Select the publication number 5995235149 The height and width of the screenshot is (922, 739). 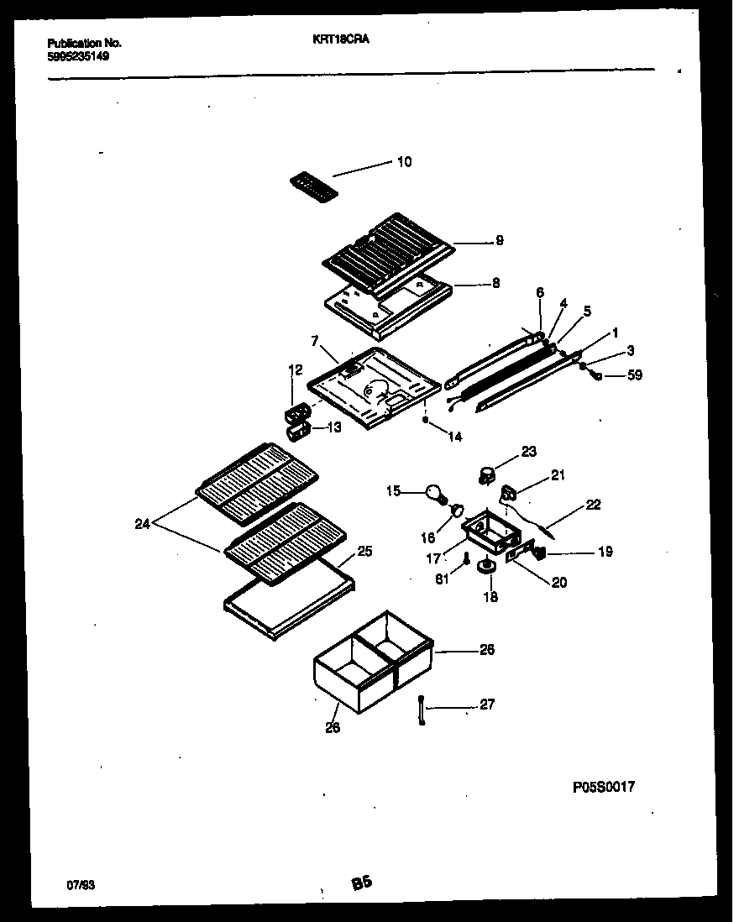[x=78, y=56]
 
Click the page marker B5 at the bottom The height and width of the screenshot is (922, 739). [x=361, y=883]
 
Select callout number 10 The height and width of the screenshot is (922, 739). [x=404, y=162]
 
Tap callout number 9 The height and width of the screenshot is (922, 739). [x=499, y=241]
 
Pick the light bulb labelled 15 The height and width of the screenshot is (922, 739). [x=434, y=493]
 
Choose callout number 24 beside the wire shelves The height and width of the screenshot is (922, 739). [x=144, y=525]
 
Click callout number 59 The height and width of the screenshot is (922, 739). [x=634, y=375]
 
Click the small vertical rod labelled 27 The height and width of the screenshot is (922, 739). [x=420, y=710]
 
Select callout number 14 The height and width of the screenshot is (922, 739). [x=454, y=437]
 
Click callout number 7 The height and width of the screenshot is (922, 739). [x=315, y=342]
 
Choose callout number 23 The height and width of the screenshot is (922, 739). [x=527, y=451]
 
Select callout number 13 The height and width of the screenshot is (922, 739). [x=333, y=427]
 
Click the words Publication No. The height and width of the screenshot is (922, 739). [x=84, y=42]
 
